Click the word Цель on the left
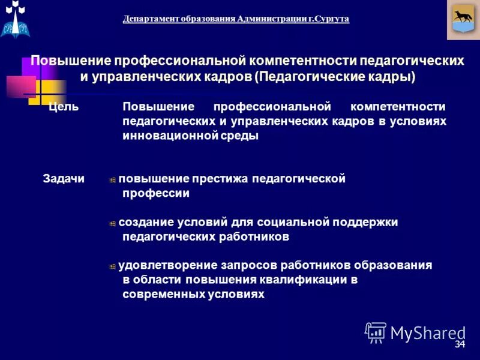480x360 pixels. (x=64, y=107)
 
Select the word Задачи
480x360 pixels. (x=64, y=179)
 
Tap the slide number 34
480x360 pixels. (x=460, y=344)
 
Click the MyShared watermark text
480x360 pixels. (x=428, y=332)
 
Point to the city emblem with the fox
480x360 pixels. (x=463, y=20)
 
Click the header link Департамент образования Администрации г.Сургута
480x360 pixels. (x=236, y=19)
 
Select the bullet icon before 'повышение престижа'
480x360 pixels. (x=112, y=180)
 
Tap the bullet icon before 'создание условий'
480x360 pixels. (x=112, y=223)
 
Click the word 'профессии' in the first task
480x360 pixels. (x=156, y=193)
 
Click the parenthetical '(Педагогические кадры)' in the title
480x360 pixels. (x=334, y=77)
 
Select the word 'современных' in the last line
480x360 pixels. (x=161, y=294)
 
